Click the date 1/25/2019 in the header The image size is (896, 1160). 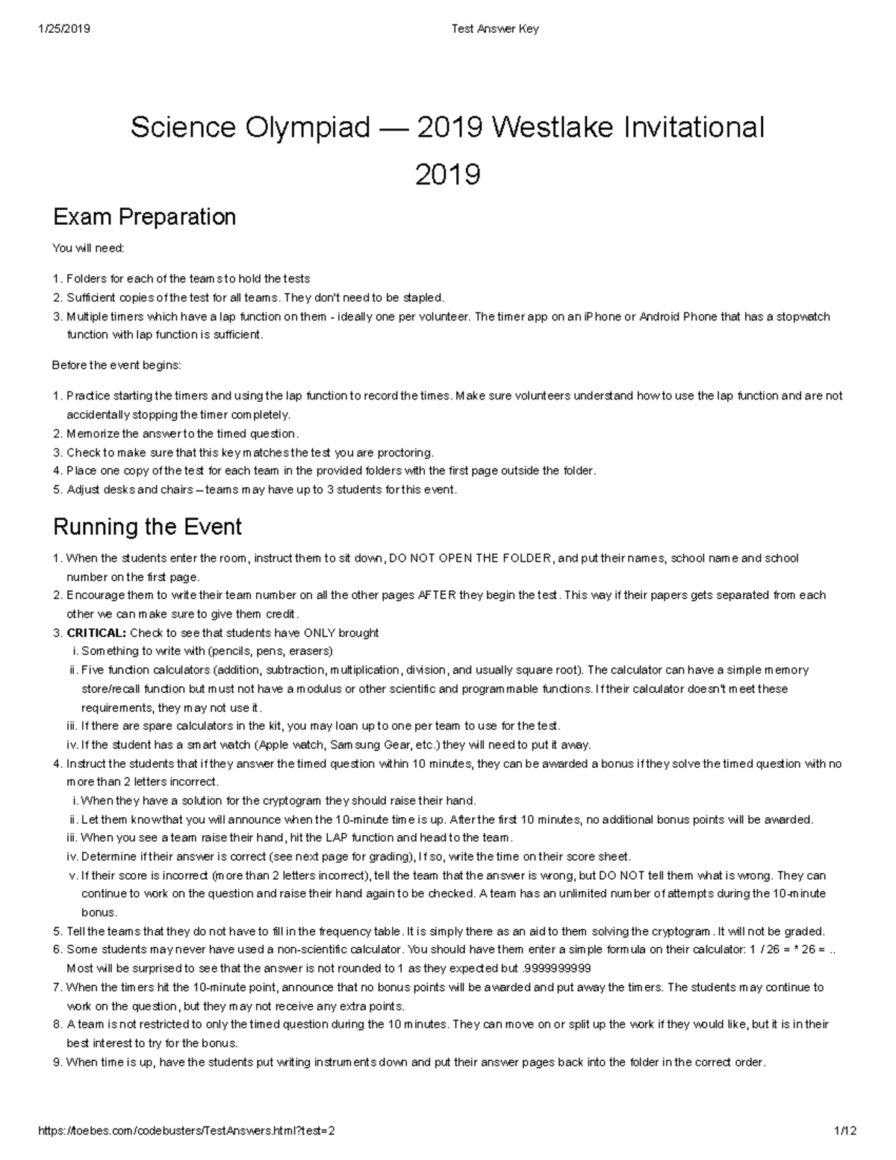63,29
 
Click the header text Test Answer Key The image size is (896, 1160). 494,29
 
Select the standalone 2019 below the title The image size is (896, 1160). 447,175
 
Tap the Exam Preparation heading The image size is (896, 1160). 144,217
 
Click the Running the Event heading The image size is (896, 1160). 147,527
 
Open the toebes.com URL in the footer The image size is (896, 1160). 186,1131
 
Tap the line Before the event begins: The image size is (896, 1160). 116,365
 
